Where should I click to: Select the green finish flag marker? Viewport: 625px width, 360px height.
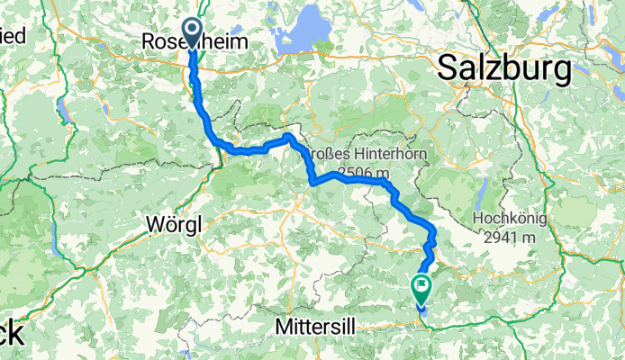[x=421, y=287]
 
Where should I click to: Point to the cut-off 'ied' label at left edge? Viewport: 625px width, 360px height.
[x=12, y=37]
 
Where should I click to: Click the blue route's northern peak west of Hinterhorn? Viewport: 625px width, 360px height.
[x=286, y=137]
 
